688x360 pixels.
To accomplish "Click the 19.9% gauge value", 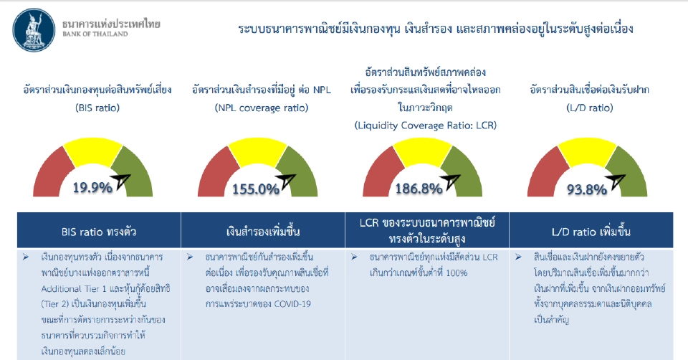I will pyautogui.click(x=92, y=188).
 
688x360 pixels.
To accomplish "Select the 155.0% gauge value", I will pyautogui.click(x=255, y=189).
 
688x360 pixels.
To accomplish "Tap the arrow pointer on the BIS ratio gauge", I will pyautogui.click(x=123, y=180).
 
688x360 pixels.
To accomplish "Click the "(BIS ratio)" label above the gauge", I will pyautogui.click(x=97, y=108).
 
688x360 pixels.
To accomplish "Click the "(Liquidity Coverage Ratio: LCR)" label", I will pyautogui.click(x=426, y=125).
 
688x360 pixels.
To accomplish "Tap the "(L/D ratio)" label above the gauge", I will pyautogui.click(x=589, y=108).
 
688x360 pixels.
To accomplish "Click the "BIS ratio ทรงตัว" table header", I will pyautogui.click(x=98, y=231).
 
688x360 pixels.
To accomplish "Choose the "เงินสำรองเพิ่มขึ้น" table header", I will pyautogui.click(x=262, y=232).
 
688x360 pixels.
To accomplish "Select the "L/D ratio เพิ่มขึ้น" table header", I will pyautogui.click(x=590, y=231).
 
